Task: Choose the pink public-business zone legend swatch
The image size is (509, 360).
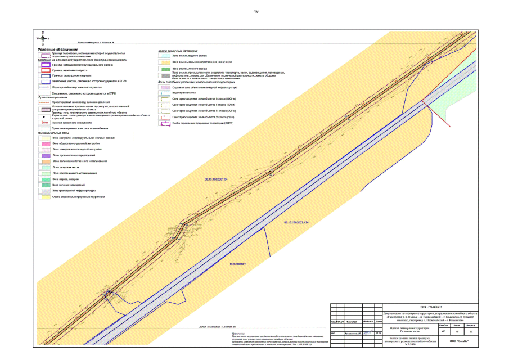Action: (43, 143)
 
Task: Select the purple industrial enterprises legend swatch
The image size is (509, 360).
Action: (43, 155)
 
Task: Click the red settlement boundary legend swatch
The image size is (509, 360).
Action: (43, 69)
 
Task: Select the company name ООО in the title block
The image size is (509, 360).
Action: (454, 341)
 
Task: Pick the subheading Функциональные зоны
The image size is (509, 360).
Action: (53, 132)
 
